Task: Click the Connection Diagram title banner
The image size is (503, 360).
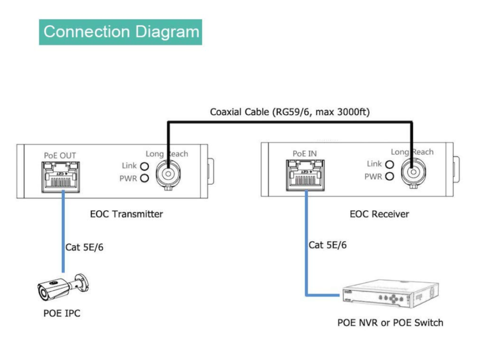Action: [x=120, y=32]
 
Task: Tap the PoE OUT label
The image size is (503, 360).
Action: [x=60, y=156]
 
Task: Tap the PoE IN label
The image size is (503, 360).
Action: [x=305, y=154]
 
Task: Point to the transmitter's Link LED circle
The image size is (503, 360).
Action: [x=144, y=166]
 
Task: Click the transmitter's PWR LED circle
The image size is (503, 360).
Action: [x=144, y=178]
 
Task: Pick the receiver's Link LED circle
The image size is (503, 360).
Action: [x=390, y=165]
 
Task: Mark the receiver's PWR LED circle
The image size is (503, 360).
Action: [x=390, y=176]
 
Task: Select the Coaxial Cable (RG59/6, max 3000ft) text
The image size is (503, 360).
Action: [x=290, y=112]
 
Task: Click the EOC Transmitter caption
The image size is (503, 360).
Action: [x=126, y=214]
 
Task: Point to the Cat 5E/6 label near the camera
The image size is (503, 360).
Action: [x=84, y=247]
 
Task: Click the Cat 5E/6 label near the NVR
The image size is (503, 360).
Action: [x=328, y=245]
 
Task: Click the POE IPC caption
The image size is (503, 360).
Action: [x=61, y=313]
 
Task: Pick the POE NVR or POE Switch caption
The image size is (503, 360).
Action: [x=390, y=323]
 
